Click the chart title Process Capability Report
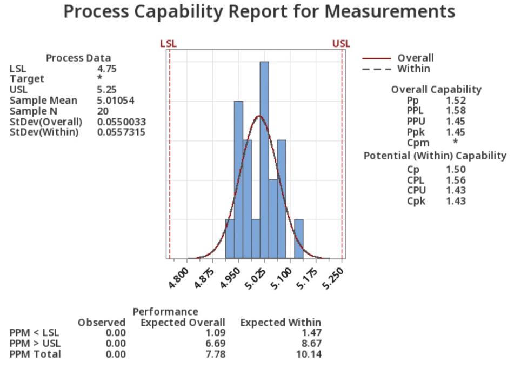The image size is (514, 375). [x=259, y=12]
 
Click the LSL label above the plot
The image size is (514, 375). [x=168, y=44]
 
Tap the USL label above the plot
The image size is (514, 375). [x=341, y=44]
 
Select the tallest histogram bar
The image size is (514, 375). [x=264, y=160]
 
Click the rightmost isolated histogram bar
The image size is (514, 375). [x=299, y=239]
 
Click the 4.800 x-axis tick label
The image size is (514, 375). [x=179, y=280]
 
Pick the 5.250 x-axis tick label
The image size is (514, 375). [x=333, y=280]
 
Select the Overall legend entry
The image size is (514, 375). [x=415, y=58]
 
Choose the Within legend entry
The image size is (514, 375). [x=413, y=69]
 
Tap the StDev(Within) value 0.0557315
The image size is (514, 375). [x=121, y=132]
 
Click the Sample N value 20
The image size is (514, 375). [x=103, y=111]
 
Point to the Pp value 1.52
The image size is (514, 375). [x=456, y=101]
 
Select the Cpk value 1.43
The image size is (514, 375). [x=456, y=201]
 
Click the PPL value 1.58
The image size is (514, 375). [x=456, y=111]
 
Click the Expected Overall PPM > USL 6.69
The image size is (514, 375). [x=215, y=344]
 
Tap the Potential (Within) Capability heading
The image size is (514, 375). [x=435, y=156]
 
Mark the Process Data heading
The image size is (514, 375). [x=78, y=58]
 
